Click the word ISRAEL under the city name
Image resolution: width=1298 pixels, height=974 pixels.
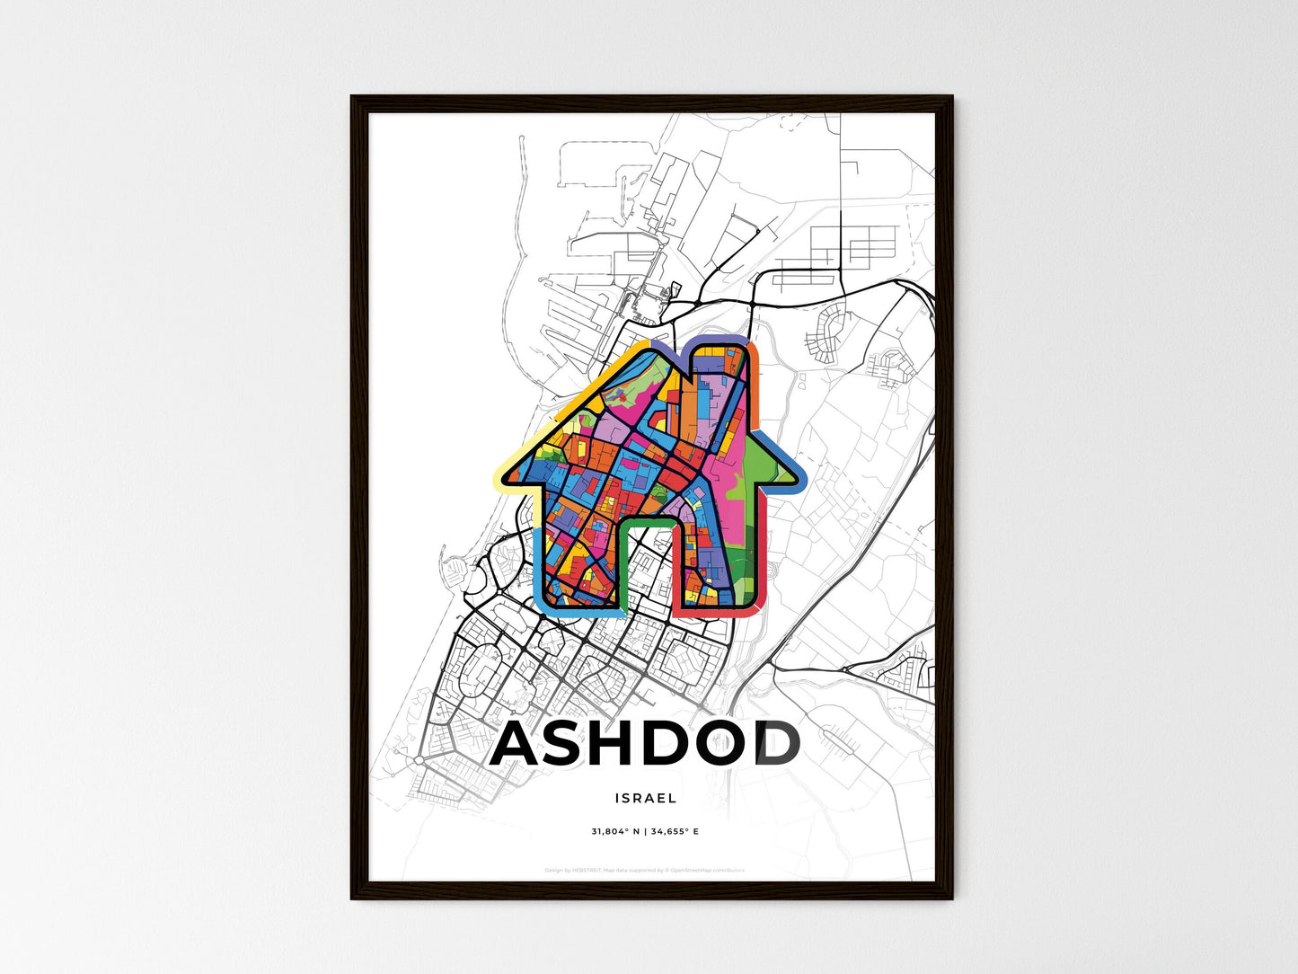pos(646,798)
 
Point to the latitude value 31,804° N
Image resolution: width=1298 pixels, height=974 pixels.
pos(615,832)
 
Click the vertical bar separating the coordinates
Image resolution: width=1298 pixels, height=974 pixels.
pos(646,832)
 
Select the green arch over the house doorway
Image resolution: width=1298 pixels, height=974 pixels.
pos(647,520)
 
